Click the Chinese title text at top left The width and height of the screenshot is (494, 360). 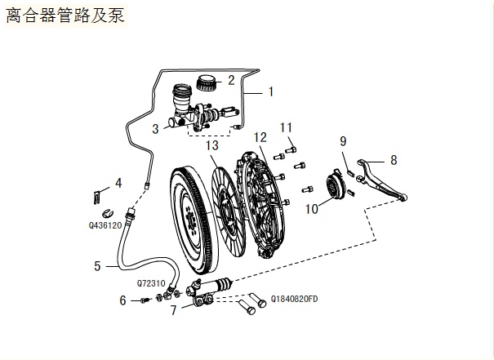(x=65, y=16)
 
